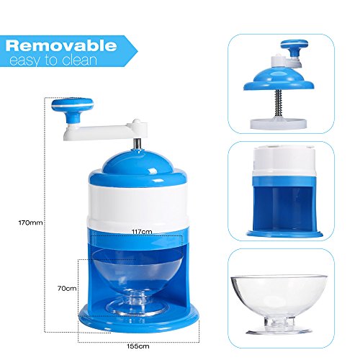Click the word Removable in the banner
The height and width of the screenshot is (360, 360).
61,45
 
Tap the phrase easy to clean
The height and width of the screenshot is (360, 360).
53,60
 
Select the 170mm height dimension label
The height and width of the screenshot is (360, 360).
30,222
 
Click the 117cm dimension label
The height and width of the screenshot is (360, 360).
142,232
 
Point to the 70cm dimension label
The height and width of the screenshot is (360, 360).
67,288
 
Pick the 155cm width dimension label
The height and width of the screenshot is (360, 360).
138,346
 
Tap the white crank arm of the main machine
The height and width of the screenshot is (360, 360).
106,130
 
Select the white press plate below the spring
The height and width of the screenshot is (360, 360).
279,123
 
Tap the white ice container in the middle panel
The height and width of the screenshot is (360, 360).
284,161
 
